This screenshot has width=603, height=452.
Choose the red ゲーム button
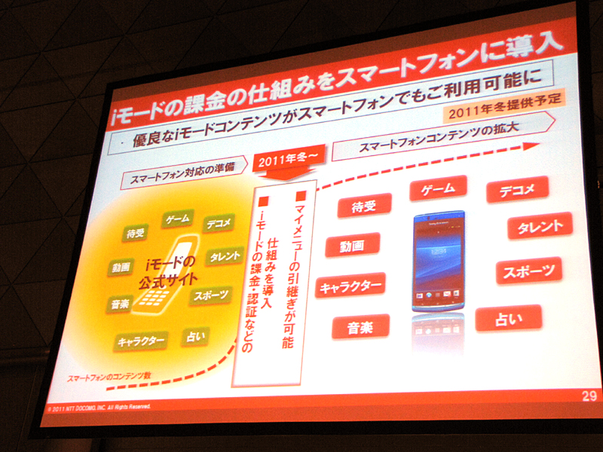pyautogui.click(x=438, y=188)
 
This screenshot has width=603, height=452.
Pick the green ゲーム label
pyautogui.click(x=179, y=219)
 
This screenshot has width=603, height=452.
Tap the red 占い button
pyautogui.click(x=508, y=318)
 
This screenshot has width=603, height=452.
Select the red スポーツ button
pyautogui.click(x=528, y=271)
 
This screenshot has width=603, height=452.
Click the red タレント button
pyautogui.click(x=540, y=226)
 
